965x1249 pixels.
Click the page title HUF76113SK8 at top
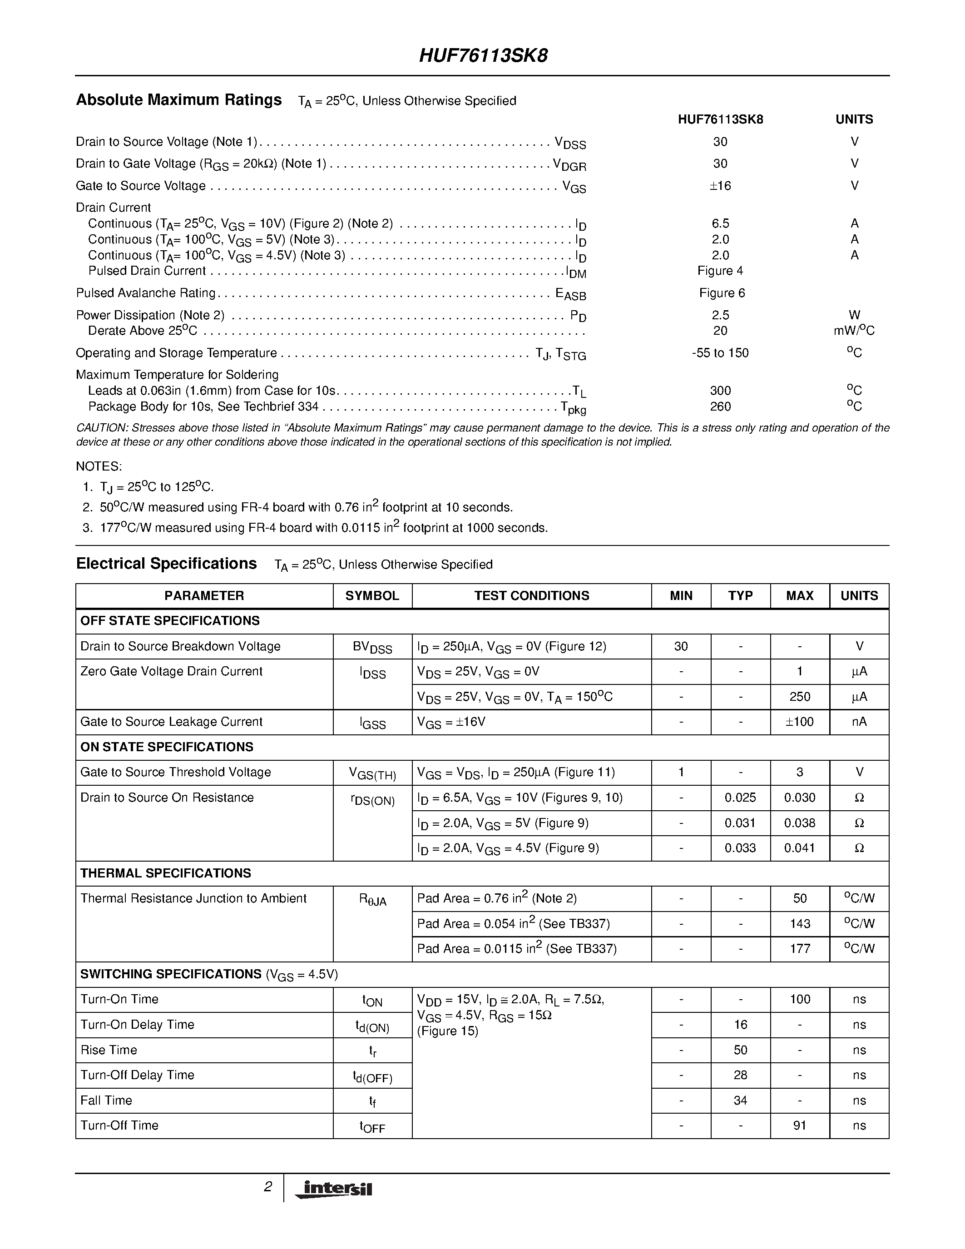point(483,55)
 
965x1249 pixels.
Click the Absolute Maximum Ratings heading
point(179,100)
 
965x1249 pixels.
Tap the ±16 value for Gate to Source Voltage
point(720,186)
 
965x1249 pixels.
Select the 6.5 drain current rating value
point(720,223)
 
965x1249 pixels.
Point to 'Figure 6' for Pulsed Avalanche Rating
point(722,293)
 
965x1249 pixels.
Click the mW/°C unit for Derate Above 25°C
point(854,331)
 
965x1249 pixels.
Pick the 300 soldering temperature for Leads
point(720,391)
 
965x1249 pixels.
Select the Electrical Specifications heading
point(166,564)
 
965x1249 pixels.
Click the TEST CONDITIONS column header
point(531,596)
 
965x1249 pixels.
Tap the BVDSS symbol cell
point(372,647)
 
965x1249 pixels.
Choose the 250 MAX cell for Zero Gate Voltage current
point(799,697)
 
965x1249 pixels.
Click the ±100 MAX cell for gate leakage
point(799,722)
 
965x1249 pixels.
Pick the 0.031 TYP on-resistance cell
point(740,823)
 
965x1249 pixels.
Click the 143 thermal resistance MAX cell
point(799,924)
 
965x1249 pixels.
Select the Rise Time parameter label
point(109,1050)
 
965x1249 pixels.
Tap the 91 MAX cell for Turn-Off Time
point(799,1125)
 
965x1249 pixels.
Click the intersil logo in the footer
point(333,1189)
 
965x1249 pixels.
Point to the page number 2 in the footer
point(267,1187)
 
